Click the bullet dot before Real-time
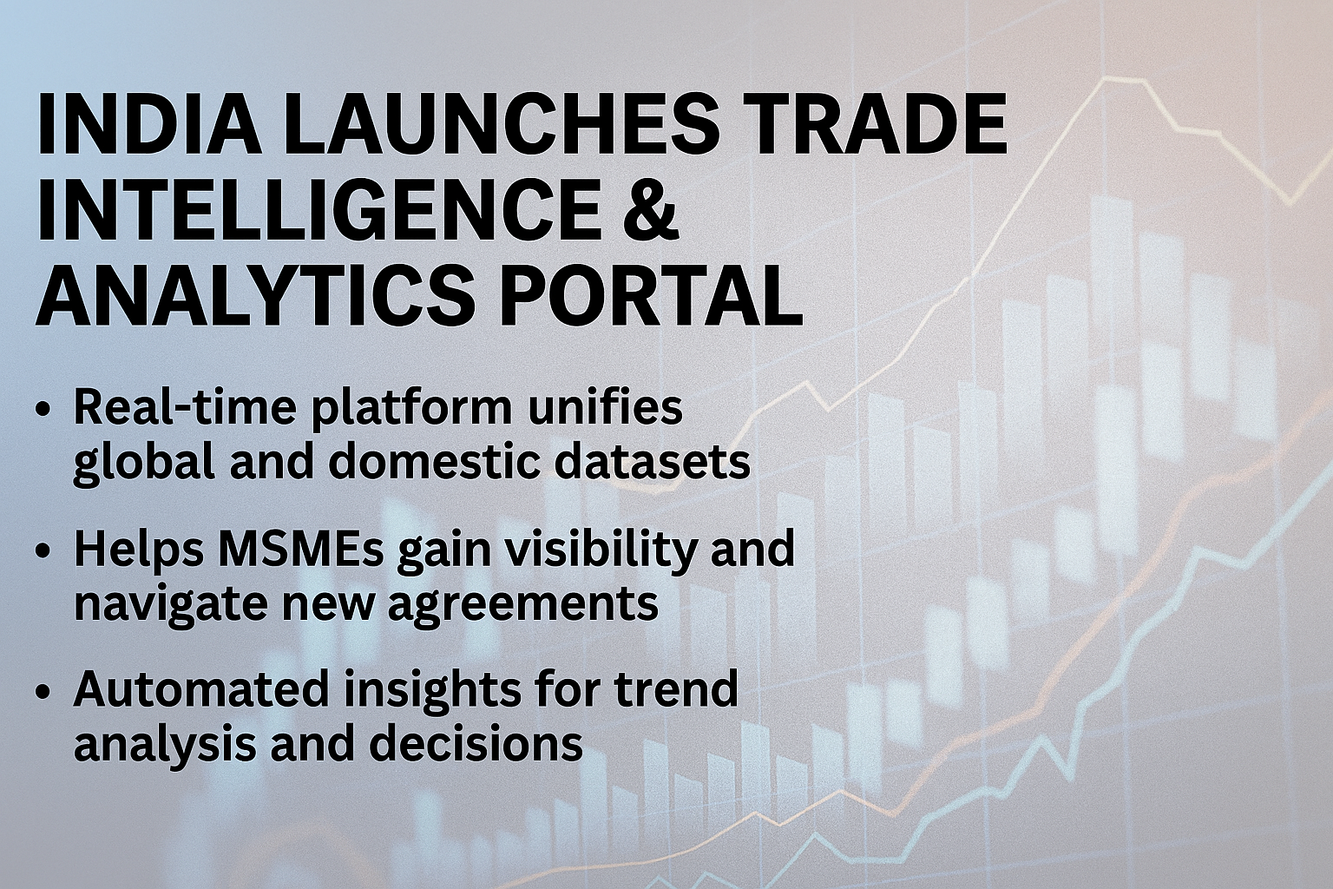click(45, 412)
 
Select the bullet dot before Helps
click(45, 553)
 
